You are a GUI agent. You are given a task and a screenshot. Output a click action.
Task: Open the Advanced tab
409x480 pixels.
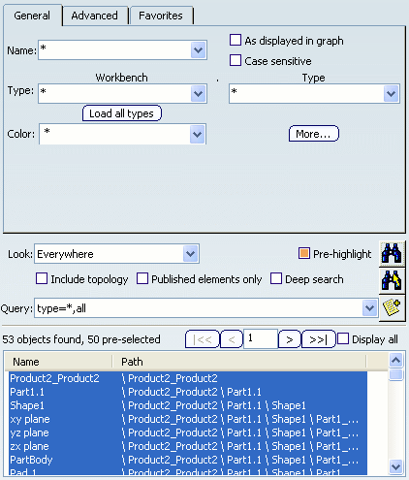pos(94,16)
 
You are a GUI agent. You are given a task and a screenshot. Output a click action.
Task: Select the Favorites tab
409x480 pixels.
pos(161,16)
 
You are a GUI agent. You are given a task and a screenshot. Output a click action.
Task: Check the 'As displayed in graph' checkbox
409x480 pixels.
pos(236,40)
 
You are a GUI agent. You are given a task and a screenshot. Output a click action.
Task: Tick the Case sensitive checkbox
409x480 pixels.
pos(236,60)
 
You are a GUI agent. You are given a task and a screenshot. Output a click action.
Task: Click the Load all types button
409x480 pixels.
pos(122,113)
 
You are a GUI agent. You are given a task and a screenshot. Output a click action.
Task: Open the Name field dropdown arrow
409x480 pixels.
pos(198,50)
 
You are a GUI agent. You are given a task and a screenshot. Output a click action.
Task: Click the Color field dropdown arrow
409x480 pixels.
pos(197,134)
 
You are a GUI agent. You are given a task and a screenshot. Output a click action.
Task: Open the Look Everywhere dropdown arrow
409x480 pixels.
pos(190,254)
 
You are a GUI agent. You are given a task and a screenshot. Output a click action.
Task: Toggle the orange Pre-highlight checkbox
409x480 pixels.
pos(304,253)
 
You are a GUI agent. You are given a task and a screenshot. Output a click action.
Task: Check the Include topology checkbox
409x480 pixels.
pos(42,278)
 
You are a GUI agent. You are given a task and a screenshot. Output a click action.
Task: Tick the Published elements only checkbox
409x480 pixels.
pos(142,278)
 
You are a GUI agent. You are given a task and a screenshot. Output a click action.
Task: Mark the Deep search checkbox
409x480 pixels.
pos(276,278)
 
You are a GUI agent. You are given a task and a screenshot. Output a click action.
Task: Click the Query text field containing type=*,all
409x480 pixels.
pos(199,308)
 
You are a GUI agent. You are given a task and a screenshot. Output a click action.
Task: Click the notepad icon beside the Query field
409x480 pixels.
pos(392,307)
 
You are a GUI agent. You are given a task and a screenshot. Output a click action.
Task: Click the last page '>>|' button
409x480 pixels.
pos(318,339)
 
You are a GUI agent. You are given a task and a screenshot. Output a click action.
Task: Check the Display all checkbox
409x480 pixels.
pos(343,339)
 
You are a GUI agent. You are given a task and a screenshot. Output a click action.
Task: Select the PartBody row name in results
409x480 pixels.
pos(31,460)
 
